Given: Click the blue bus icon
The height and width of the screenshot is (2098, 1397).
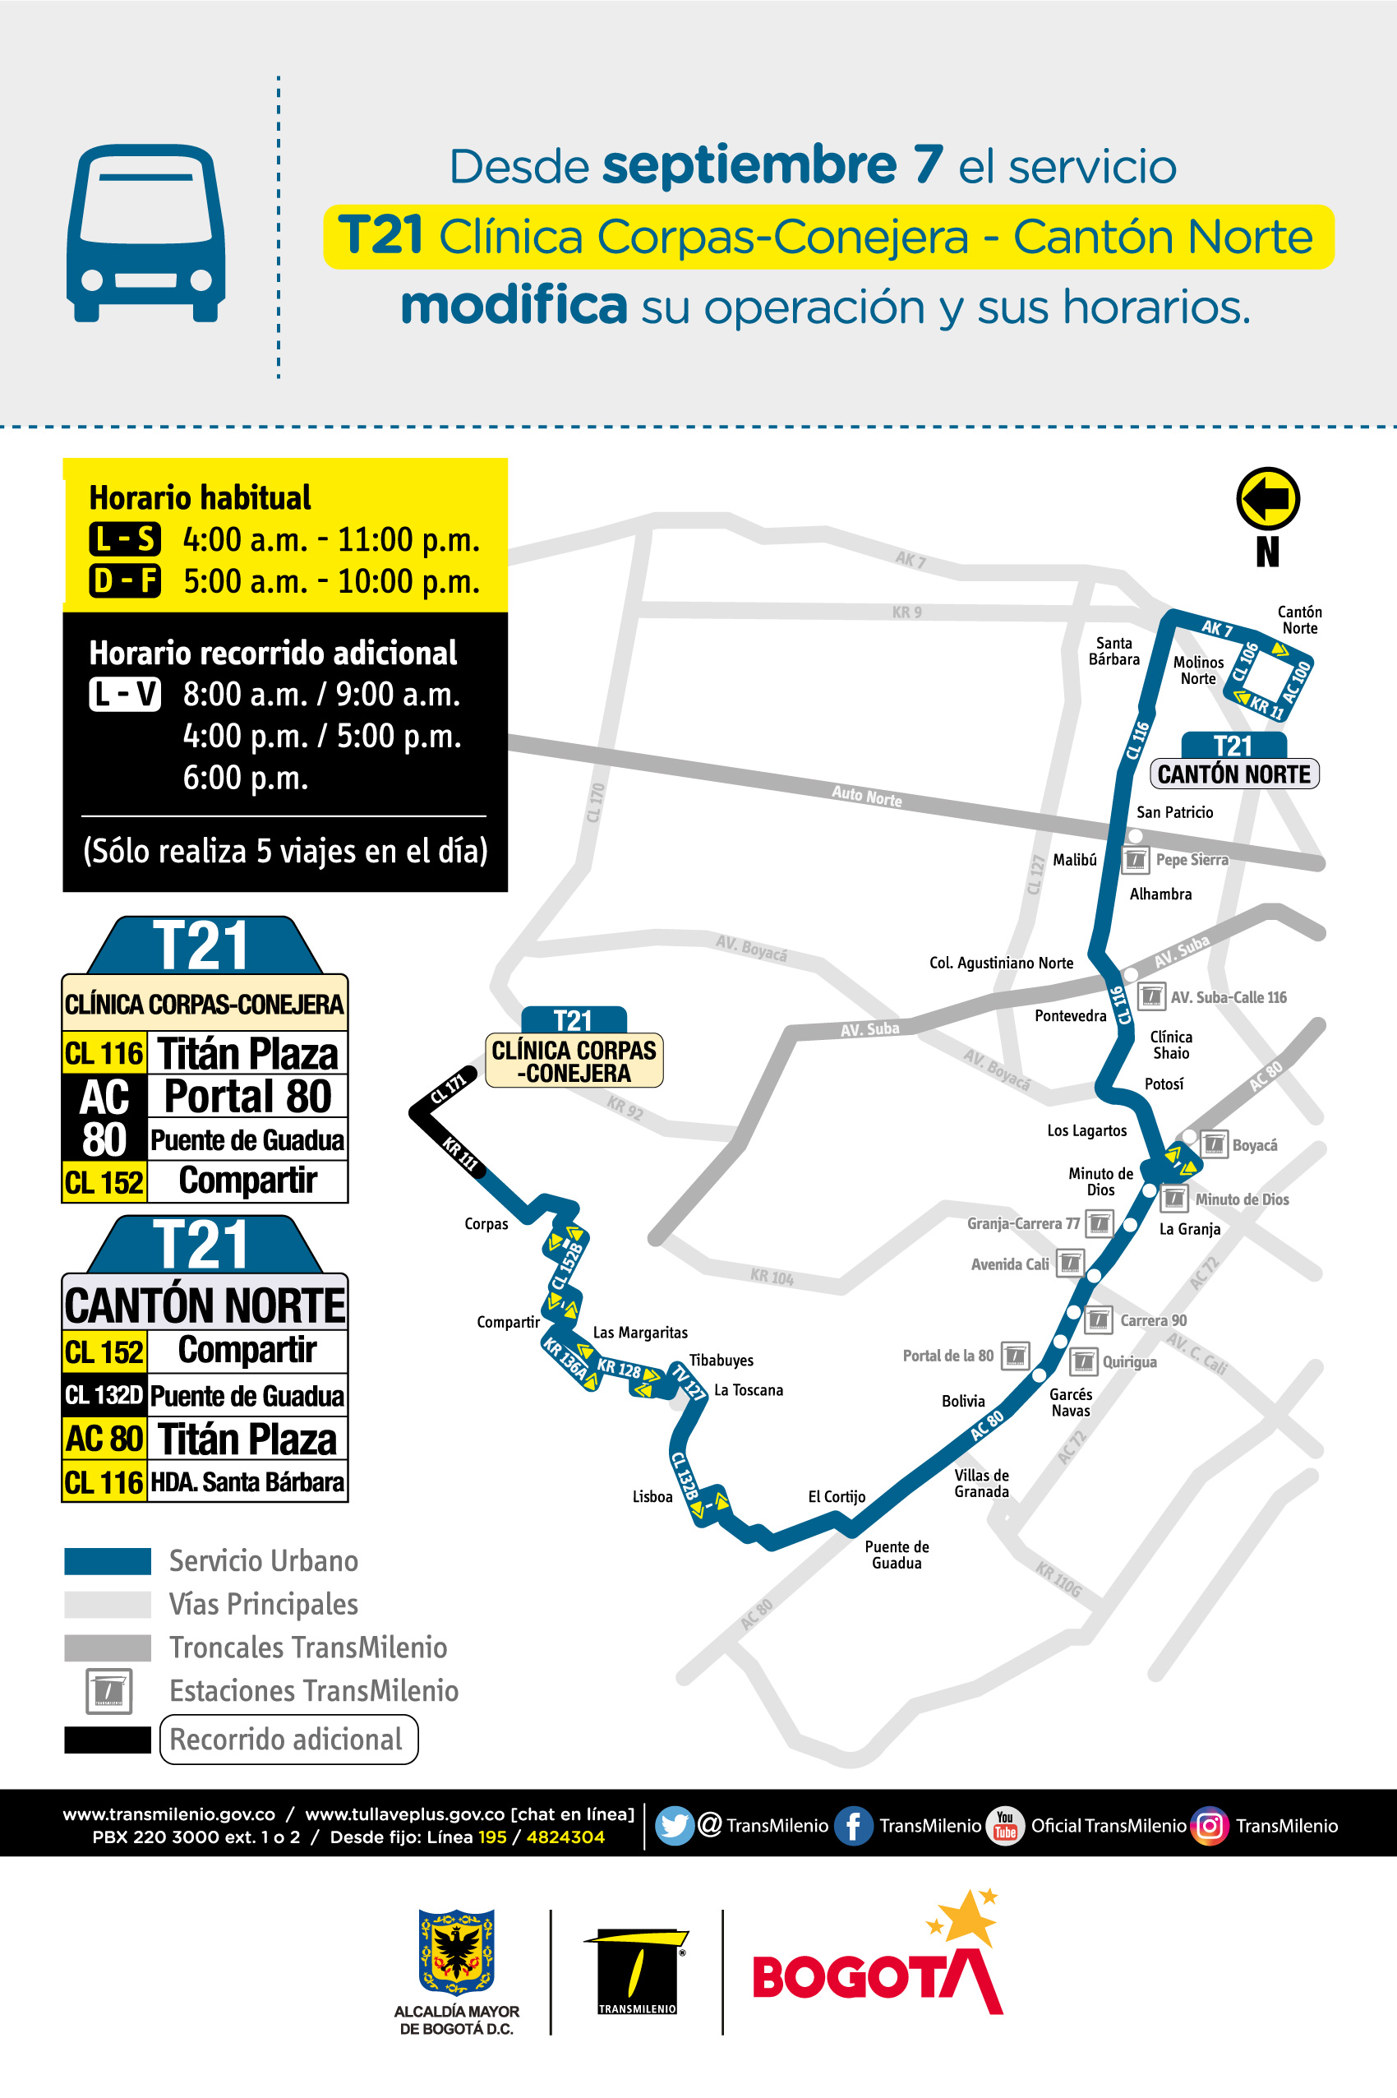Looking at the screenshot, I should pyautogui.click(x=146, y=233).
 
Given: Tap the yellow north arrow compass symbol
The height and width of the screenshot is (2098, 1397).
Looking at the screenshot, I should pyautogui.click(x=1267, y=498).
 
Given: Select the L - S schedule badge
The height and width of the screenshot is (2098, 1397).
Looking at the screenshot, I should pyautogui.click(x=125, y=539).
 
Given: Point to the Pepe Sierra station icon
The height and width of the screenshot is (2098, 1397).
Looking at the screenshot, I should pyautogui.click(x=1135, y=860).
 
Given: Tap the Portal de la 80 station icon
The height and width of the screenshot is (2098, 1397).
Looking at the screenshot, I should pyautogui.click(x=1015, y=1356).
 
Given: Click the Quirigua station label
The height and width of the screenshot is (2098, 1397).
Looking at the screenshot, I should pyautogui.click(x=1129, y=1362).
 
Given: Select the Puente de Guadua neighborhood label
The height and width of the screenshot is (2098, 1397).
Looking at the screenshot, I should pyautogui.click(x=897, y=1555).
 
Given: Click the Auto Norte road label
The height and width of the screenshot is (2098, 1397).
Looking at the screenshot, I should pyautogui.click(x=866, y=795).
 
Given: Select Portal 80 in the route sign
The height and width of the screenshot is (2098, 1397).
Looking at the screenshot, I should pyautogui.click(x=247, y=1096).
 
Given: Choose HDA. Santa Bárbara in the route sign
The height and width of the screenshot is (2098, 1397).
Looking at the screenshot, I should pyautogui.click(x=247, y=1481).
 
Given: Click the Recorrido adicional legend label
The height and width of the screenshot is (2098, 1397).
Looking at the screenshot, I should pyautogui.click(x=287, y=1739).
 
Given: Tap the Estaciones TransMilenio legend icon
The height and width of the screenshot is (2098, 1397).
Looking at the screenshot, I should pyautogui.click(x=108, y=1691).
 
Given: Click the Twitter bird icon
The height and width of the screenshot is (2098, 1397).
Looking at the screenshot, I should pyautogui.click(x=675, y=1824).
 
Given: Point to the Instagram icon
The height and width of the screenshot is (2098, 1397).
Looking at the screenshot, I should pyautogui.click(x=1209, y=1824).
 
